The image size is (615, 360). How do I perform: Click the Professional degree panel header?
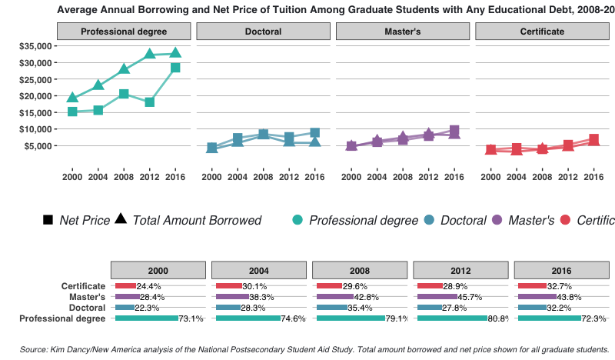coord(124,32)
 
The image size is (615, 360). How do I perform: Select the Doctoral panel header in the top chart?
coord(263,32)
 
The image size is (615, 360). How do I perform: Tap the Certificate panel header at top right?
coord(542,32)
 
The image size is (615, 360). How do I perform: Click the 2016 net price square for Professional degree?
coord(175,68)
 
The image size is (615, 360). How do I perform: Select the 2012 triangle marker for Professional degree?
coord(150,54)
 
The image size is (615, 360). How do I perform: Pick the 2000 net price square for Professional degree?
coord(72,112)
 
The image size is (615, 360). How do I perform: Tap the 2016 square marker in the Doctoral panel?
coord(314,132)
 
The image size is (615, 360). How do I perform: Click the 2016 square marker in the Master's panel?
coord(454,130)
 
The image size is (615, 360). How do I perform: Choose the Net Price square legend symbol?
coord(48,221)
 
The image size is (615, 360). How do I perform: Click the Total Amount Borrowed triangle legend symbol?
coord(121,220)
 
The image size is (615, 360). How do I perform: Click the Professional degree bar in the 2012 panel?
coord(452,318)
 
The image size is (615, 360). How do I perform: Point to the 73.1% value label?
coord(191,318)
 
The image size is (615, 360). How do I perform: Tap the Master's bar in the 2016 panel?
coord(537,296)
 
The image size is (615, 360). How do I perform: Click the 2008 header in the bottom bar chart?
coord(359,271)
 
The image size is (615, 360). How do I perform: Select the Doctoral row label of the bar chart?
coord(83,307)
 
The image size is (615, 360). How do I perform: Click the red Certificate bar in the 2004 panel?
coord(229,286)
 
